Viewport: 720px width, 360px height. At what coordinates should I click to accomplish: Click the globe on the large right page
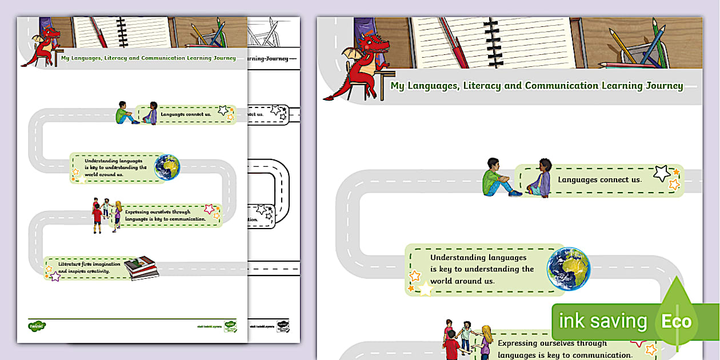[x=568, y=269]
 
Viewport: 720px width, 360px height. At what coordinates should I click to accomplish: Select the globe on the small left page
[x=167, y=167]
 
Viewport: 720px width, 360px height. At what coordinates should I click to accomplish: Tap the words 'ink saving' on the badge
[x=602, y=321]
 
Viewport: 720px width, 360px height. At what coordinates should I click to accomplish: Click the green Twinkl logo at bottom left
[x=37, y=326]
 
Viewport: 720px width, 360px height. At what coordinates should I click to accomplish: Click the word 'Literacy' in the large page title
[x=484, y=86]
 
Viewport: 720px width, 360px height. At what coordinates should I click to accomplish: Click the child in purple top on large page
[x=541, y=179]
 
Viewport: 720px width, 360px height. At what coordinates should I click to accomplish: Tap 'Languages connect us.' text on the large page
[x=599, y=179]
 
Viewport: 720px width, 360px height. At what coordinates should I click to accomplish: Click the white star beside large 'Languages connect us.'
[x=662, y=173]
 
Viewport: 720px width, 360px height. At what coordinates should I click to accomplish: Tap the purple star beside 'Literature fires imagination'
[x=55, y=276]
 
